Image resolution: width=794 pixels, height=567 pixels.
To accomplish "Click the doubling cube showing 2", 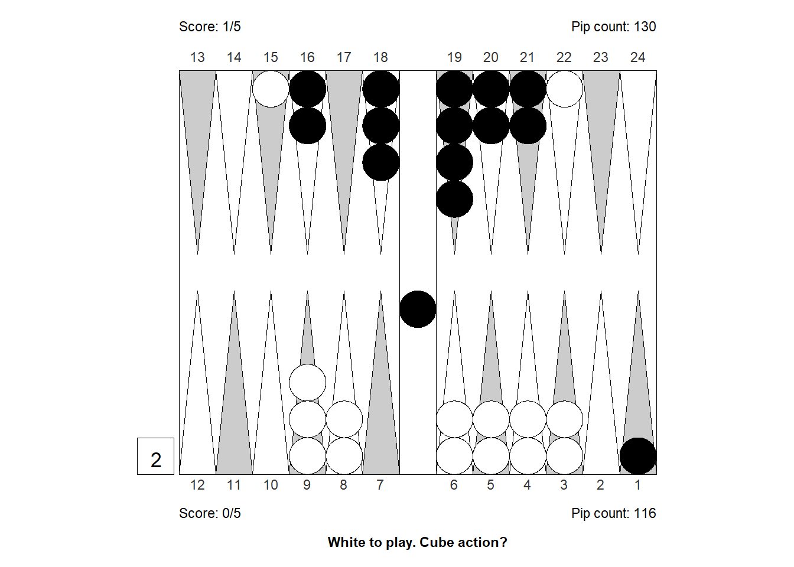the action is [x=155, y=456].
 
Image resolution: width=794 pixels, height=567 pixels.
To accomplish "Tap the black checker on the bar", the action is [x=418, y=309].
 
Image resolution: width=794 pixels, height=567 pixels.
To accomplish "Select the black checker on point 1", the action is [x=638, y=456].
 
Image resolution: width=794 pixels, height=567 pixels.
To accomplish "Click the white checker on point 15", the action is [x=271, y=89].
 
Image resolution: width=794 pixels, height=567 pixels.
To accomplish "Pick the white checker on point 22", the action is [x=564, y=89].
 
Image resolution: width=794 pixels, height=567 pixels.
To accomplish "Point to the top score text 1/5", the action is [x=210, y=27].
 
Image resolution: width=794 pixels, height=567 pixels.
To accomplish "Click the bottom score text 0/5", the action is [x=210, y=513].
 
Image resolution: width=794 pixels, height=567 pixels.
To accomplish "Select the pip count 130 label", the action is [x=614, y=27].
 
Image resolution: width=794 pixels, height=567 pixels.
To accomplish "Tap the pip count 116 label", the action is [x=614, y=513].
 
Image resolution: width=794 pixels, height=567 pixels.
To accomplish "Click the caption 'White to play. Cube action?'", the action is [x=418, y=542].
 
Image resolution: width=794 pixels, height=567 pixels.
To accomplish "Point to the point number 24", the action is [x=637, y=57].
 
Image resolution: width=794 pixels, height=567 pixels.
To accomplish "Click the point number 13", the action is [x=197, y=57].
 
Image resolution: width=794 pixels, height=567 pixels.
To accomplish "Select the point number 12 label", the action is [x=197, y=485].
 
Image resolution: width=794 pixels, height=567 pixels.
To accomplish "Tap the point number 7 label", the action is [x=380, y=485].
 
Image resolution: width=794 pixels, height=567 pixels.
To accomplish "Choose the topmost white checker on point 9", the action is [x=307, y=383].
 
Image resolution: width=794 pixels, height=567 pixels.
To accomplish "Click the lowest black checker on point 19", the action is [x=454, y=199].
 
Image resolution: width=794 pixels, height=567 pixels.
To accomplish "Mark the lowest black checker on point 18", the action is [x=380, y=162].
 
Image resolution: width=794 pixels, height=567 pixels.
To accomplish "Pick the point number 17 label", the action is [x=344, y=57].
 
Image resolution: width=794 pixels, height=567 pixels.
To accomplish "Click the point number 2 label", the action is [x=600, y=485].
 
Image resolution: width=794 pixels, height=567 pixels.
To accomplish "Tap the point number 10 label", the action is [x=271, y=485].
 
